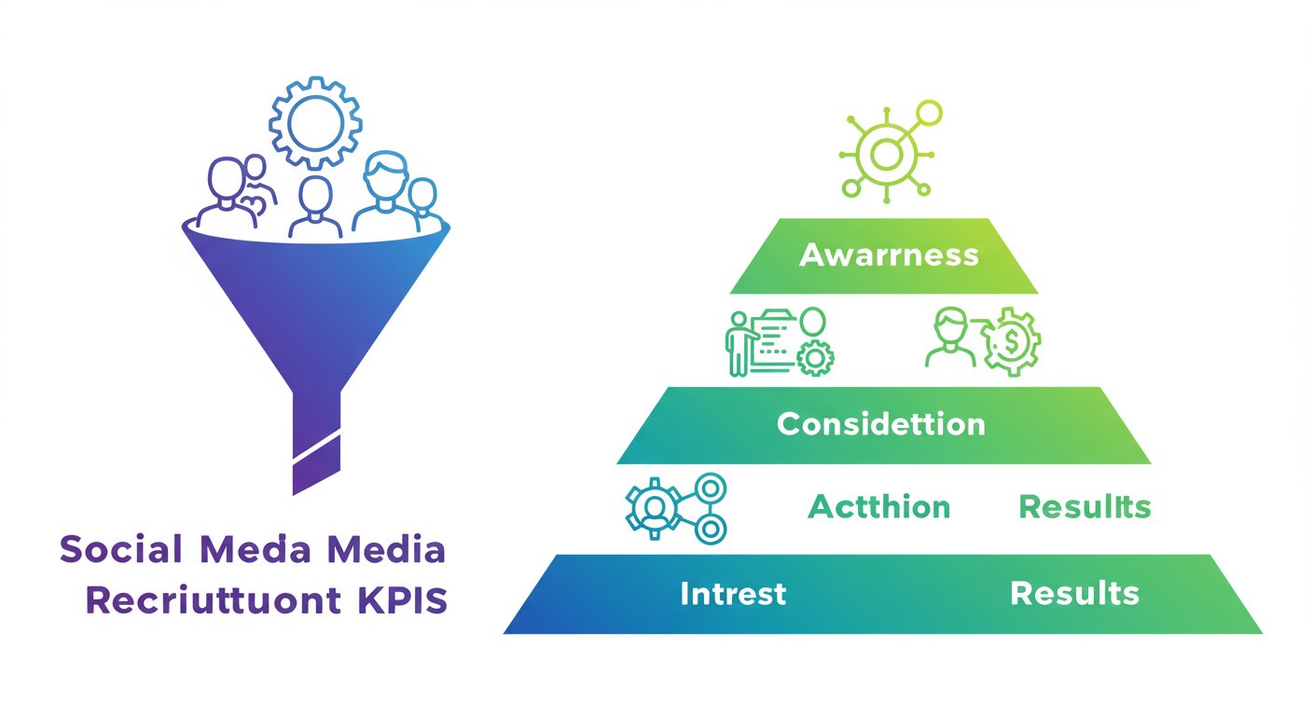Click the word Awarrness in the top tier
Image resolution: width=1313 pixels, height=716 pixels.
click(x=889, y=255)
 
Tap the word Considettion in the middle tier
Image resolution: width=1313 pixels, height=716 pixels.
click(x=880, y=424)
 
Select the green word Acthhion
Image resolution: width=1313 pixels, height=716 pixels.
click(x=879, y=507)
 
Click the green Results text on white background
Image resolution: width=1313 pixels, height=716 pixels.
click(x=1085, y=507)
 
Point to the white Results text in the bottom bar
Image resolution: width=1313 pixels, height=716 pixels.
click(x=1074, y=593)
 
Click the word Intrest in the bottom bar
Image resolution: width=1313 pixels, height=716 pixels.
click(x=733, y=593)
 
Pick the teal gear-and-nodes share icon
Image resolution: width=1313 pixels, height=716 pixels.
click(x=674, y=508)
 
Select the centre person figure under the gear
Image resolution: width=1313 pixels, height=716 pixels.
click(x=315, y=207)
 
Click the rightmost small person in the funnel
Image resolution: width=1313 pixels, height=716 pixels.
click(x=423, y=202)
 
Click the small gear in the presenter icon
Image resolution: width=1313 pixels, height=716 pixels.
click(x=816, y=357)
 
